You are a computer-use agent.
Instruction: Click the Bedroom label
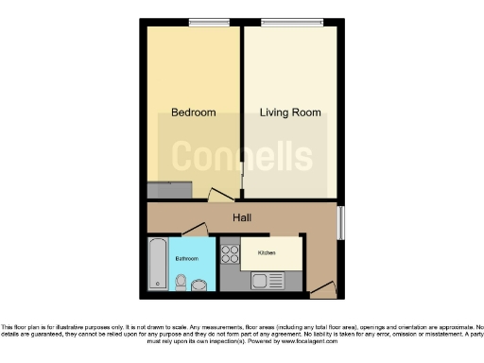click(193, 112)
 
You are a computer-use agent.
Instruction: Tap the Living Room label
click(290, 112)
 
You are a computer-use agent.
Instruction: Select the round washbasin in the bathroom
click(199, 285)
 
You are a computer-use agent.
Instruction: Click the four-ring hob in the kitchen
click(230, 252)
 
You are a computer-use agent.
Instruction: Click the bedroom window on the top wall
click(203, 23)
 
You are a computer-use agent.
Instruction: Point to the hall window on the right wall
click(341, 224)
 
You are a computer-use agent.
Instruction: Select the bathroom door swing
click(194, 230)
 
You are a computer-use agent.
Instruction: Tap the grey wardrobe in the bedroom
click(171, 190)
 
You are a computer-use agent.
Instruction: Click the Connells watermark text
click(242, 156)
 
